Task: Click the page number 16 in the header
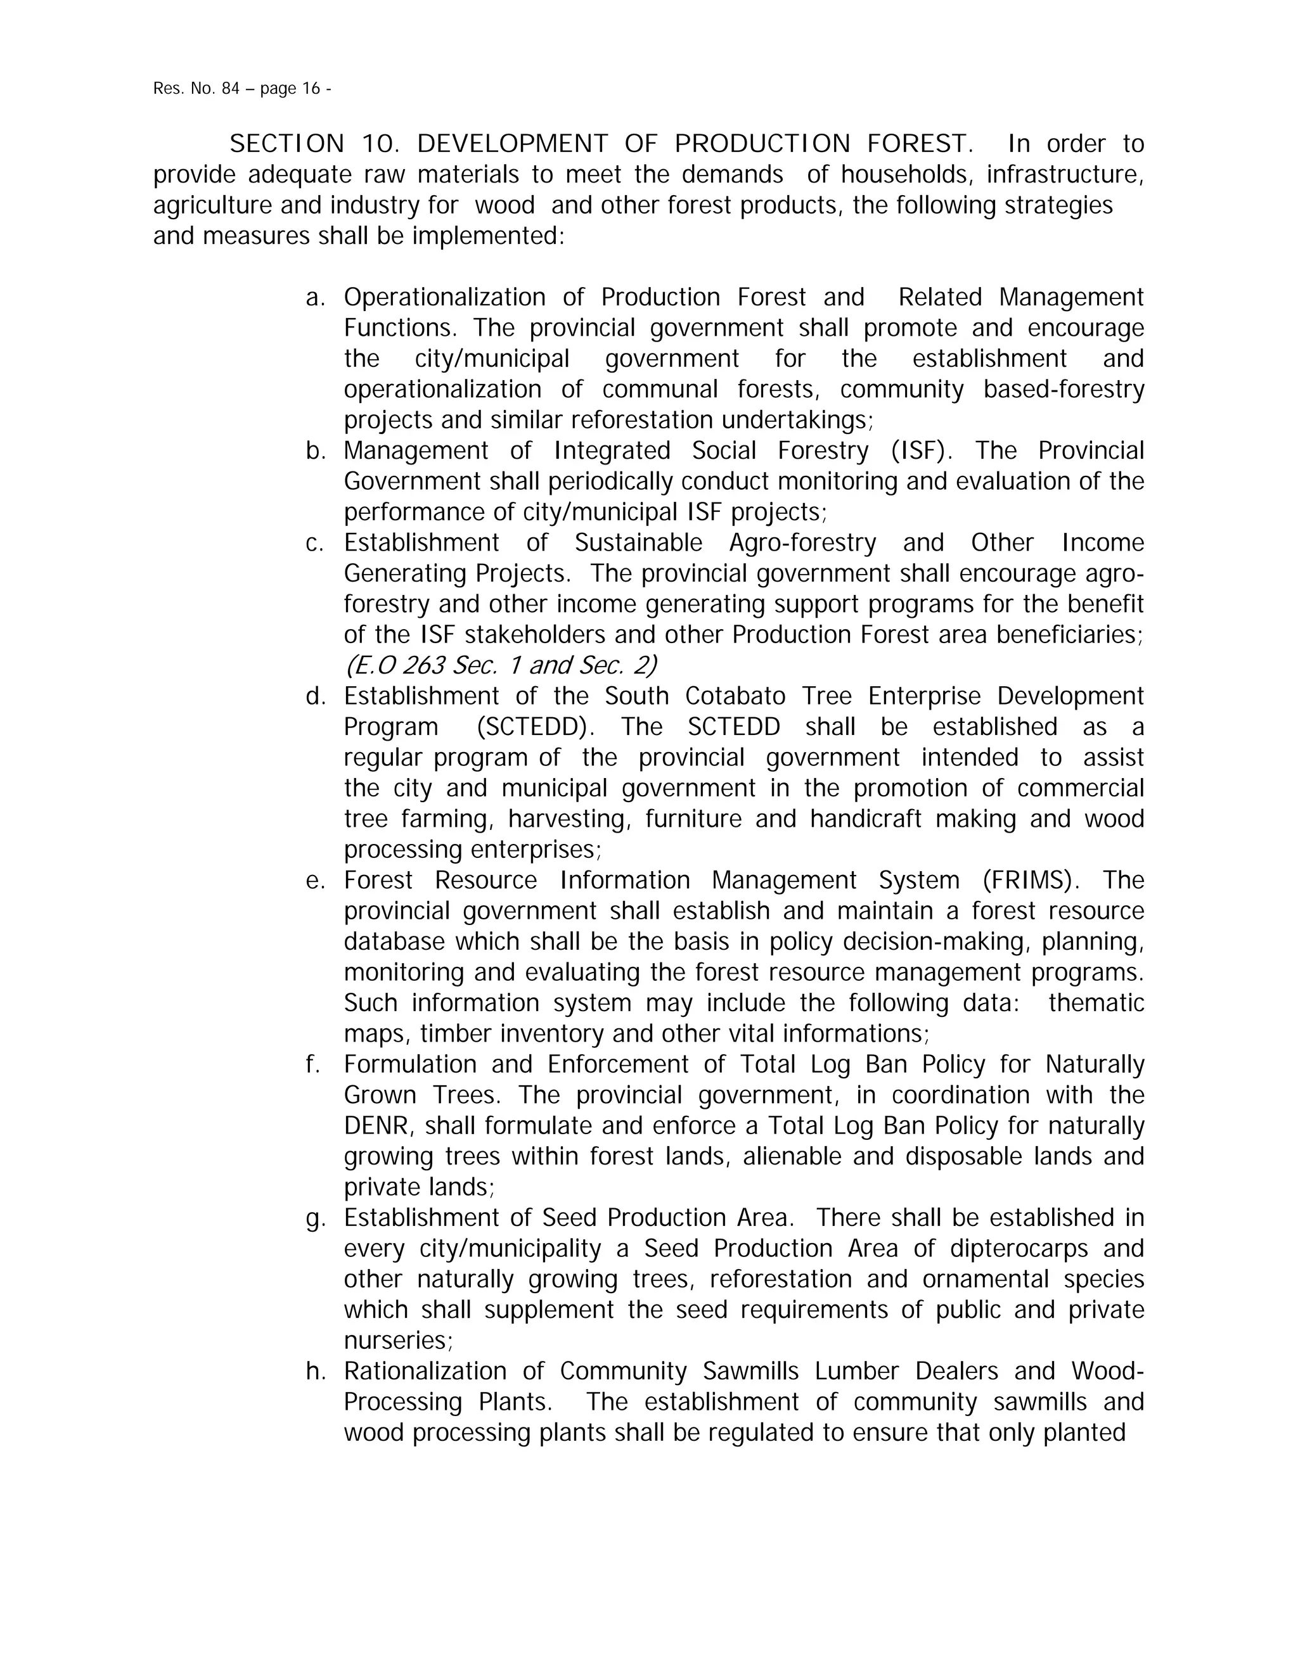(x=311, y=89)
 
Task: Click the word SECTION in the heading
(x=287, y=144)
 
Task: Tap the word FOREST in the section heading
(x=920, y=144)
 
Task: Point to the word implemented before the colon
(x=484, y=236)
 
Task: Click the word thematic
(x=1096, y=1003)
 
